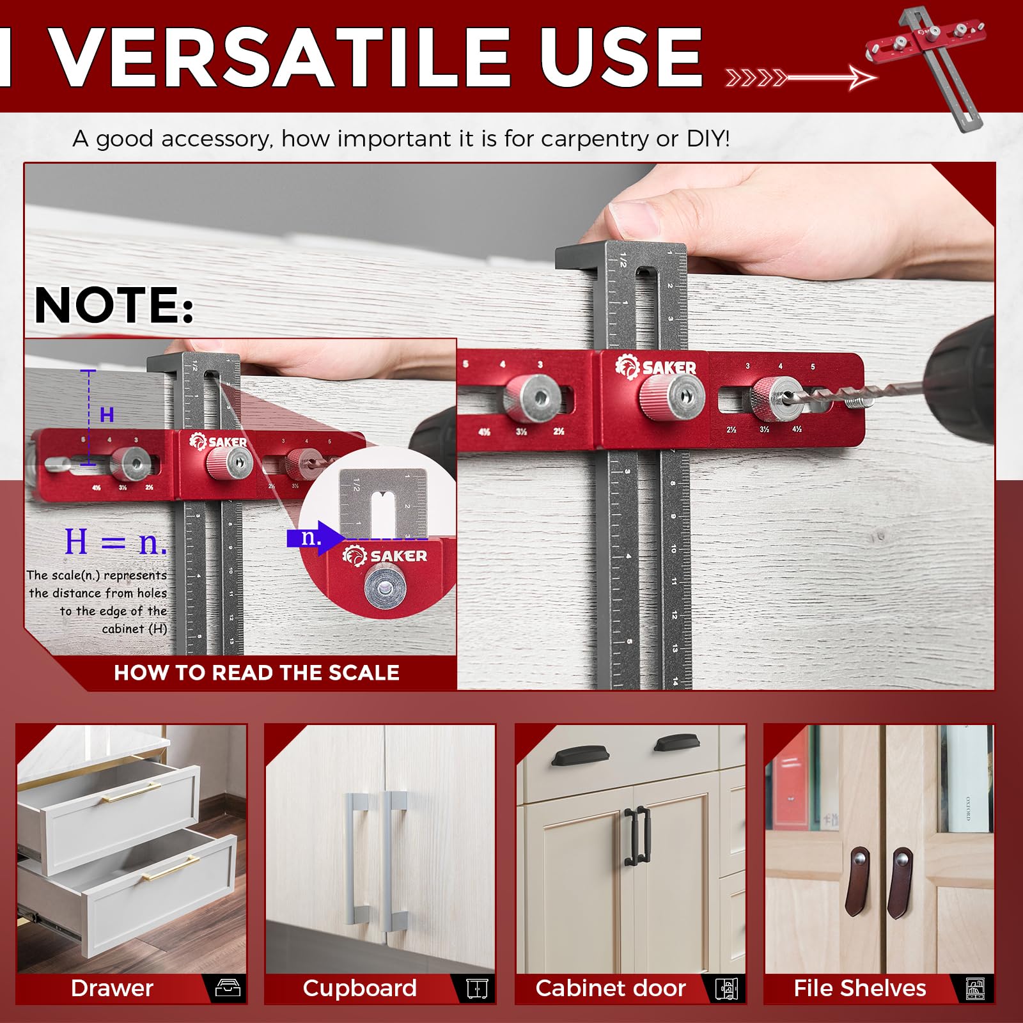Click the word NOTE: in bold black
114,305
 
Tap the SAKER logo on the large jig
656,367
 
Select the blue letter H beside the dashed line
107,415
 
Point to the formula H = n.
115,542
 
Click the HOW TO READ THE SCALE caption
256,673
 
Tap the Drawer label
112,988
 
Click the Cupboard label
359,988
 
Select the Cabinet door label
611,988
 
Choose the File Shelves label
859,988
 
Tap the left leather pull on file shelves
856,880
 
